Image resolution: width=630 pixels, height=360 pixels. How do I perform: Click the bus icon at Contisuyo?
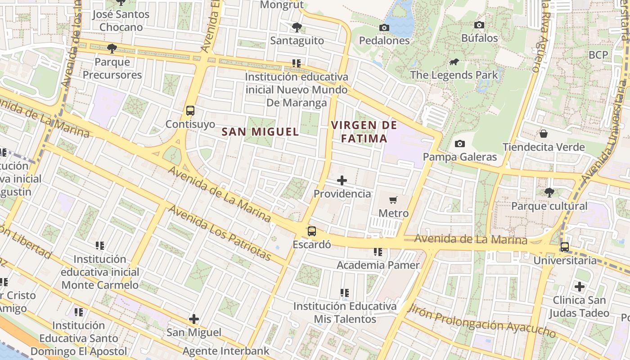(190, 111)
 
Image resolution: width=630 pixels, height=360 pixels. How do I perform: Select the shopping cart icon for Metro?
(393, 200)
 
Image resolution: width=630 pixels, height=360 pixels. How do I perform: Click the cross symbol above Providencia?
(342, 180)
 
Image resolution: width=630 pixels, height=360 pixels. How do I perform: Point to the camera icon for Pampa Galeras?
(459, 144)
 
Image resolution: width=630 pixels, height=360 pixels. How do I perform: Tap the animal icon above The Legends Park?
(454, 62)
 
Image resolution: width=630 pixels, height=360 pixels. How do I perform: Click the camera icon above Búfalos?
(479, 25)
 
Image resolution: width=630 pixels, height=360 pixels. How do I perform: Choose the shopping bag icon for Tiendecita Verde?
(543, 134)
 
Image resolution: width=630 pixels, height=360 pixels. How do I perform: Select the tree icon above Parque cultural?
(549, 193)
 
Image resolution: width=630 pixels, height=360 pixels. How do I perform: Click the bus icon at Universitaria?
(564, 247)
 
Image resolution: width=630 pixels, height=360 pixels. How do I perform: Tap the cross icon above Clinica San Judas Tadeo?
(580, 286)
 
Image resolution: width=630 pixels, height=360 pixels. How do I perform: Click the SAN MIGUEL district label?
(261, 132)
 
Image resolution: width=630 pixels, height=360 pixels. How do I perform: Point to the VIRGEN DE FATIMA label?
(364, 131)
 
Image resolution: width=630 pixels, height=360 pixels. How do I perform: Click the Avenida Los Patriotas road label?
(220, 233)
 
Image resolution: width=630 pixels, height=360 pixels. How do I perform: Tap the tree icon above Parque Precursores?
(112, 48)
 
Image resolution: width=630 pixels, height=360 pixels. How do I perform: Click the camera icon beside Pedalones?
(384, 28)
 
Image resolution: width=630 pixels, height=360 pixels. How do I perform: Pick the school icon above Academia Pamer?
(378, 252)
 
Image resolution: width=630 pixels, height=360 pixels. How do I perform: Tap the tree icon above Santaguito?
(297, 27)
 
